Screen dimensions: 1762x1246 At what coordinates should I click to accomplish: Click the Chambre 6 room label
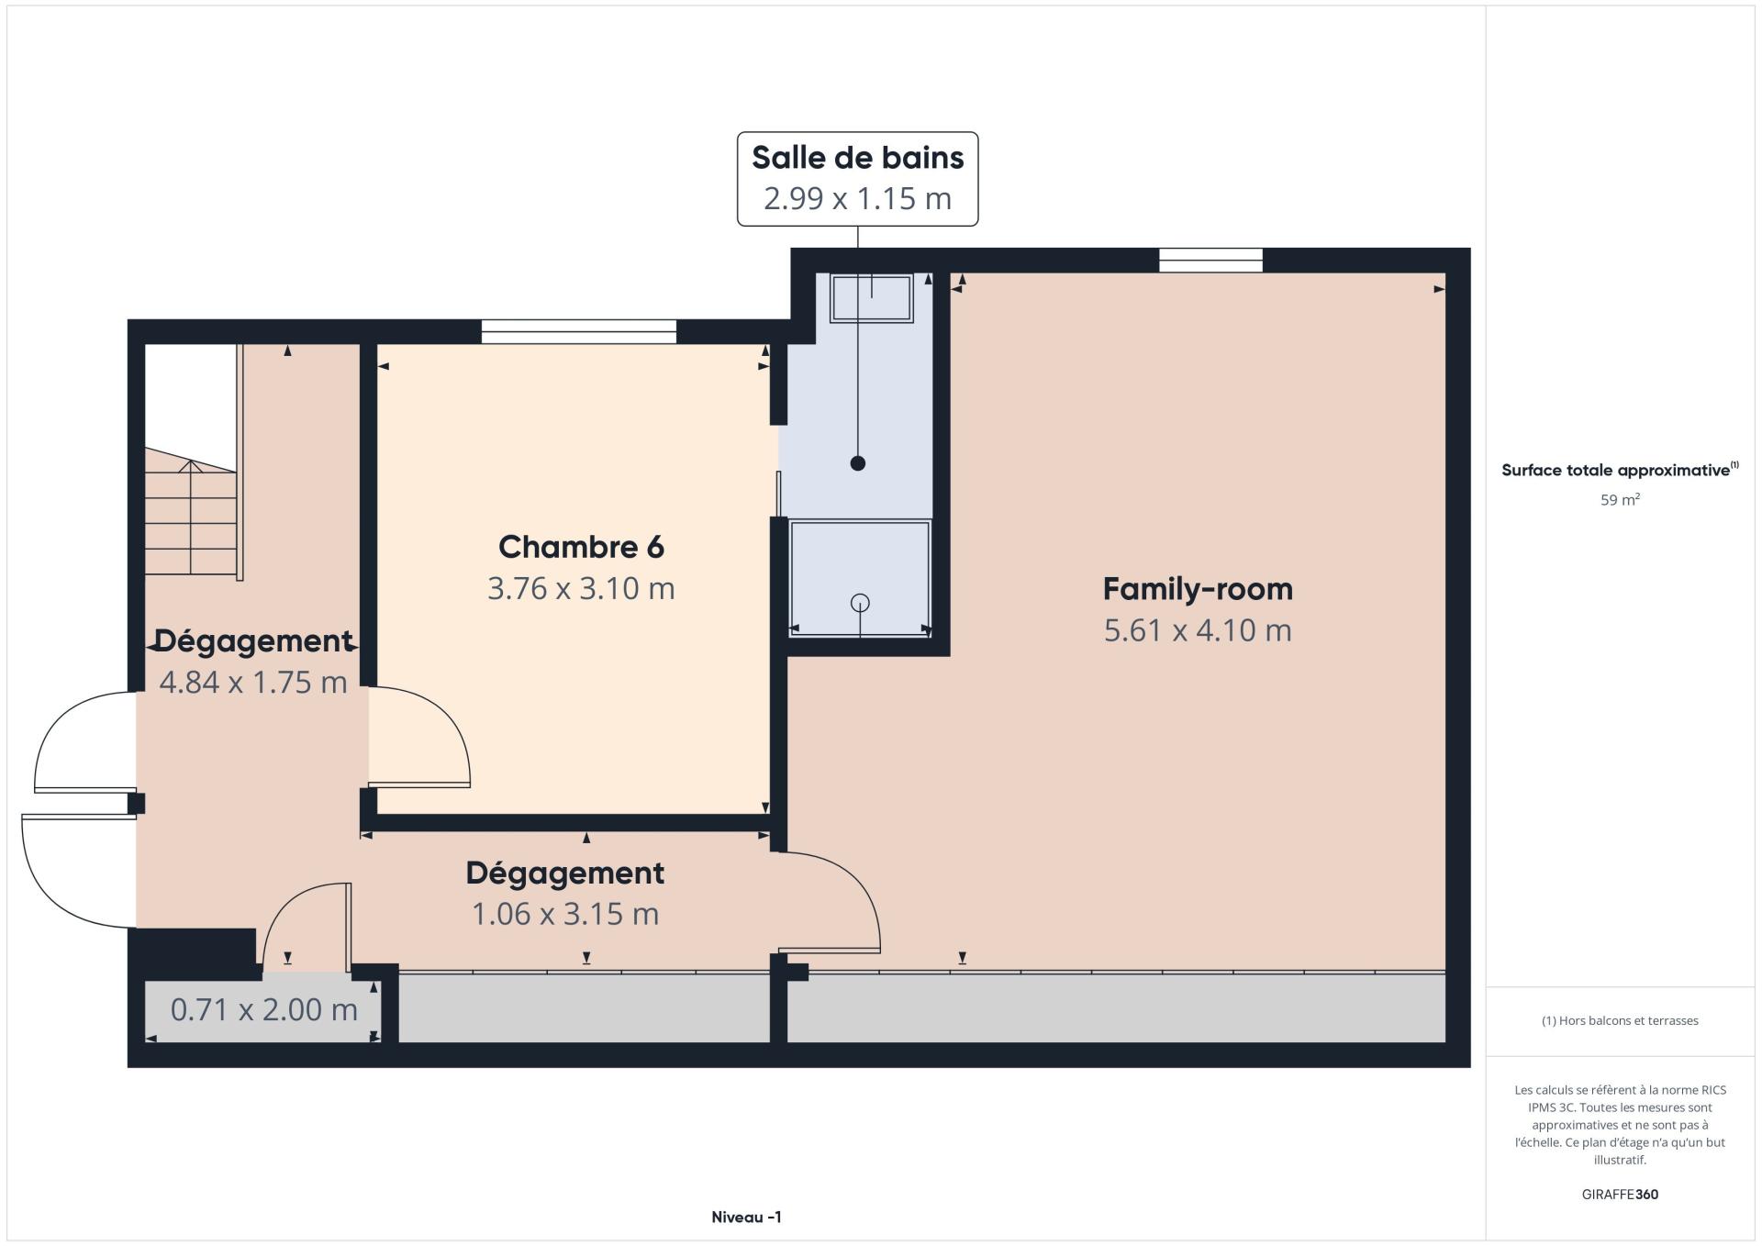point(581,547)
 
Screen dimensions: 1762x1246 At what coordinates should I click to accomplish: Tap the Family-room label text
point(1198,589)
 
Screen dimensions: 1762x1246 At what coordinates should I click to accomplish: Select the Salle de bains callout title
point(858,158)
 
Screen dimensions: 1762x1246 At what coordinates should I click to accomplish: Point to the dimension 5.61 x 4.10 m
point(1198,630)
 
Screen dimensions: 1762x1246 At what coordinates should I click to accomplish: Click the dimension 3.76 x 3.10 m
point(581,588)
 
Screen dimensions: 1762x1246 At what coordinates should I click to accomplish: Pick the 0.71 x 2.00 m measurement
point(264,1009)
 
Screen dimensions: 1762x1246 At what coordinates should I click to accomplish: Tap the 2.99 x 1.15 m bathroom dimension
point(858,198)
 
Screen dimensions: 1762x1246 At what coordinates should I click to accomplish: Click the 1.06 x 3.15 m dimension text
point(565,914)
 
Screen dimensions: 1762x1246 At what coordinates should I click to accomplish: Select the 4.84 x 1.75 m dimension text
point(253,682)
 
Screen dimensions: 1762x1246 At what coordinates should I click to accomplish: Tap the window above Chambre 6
point(579,331)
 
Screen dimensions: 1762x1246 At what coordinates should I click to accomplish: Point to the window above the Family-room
point(1210,261)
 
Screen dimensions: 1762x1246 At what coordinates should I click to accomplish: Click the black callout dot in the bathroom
point(858,463)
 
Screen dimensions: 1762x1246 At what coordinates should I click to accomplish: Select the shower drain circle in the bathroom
point(860,603)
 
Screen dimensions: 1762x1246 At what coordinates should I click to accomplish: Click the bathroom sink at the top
point(872,298)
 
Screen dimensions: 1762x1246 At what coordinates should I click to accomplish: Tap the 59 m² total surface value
point(1620,500)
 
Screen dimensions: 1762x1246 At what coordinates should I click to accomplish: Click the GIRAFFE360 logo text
point(1620,1195)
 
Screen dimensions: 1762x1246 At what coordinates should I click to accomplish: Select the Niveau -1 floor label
point(746,1218)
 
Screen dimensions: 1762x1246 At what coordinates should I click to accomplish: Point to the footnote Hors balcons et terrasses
point(1620,1020)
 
